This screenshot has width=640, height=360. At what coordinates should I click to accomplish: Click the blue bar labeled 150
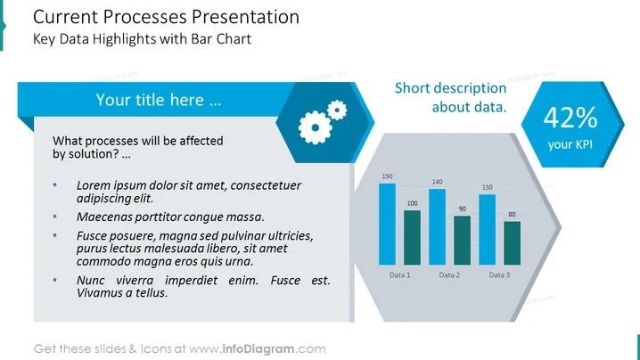click(x=387, y=224)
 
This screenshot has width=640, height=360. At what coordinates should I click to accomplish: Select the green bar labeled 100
click(x=412, y=238)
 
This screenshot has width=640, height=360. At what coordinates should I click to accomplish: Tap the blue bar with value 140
click(x=437, y=227)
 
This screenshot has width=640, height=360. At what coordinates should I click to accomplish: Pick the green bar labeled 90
click(x=462, y=241)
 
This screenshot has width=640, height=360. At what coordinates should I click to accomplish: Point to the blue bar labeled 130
click(x=487, y=229)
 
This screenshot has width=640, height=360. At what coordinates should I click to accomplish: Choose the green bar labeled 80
click(x=512, y=243)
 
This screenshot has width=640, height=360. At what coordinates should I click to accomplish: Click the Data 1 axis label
click(x=399, y=275)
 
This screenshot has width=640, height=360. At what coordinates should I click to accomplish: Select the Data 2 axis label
click(x=449, y=275)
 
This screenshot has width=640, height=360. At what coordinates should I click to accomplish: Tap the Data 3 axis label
click(x=499, y=275)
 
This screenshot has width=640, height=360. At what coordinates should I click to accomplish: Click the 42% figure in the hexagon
click(x=570, y=118)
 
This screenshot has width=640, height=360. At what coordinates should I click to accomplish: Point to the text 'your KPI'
click(x=570, y=144)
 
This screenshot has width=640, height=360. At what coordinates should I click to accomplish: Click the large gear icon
click(x=315, y=127)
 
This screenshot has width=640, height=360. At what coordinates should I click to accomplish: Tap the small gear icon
click(x=337, y=110)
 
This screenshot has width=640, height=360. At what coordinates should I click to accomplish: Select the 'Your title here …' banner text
click(x=159, y=100)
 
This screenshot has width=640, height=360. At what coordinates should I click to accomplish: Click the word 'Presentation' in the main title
click(x=245, y=17)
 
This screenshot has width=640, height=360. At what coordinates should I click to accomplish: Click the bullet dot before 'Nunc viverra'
click(x=55, y=280)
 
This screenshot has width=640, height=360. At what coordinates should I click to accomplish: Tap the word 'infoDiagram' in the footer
click(x=258, y=349)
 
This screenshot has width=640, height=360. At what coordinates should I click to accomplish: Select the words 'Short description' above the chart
click(x=451, y=88)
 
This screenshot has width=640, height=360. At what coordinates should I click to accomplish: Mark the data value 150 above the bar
click(x=387, y=176)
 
